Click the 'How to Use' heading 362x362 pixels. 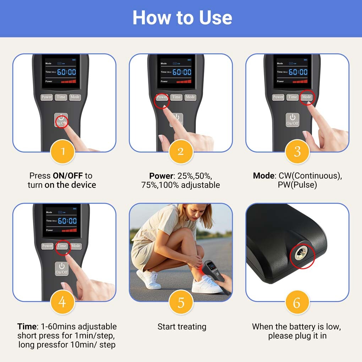tap(182, 17)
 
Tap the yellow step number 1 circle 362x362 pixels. tap(63, 152)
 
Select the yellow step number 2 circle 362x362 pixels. tap(181, 152)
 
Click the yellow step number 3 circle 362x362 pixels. tap(297, 152)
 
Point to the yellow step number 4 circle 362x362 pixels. tap(62, 302)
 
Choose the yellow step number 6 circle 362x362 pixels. tap(297, 302)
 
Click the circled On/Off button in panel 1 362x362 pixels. tap(61, 120)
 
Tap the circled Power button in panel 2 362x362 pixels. tap(162, 97)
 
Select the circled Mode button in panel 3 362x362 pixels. tap(307, 97)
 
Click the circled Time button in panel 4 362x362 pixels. tap(62, 246)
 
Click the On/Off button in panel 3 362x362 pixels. tap(292, 120)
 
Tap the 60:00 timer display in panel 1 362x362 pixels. tap(67, 72)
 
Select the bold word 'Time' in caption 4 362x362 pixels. tap(26, 326)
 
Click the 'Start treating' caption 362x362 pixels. tap(182, 327)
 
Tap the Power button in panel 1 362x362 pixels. tap(46, 97)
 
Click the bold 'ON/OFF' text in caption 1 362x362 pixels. tap(68, 176)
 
